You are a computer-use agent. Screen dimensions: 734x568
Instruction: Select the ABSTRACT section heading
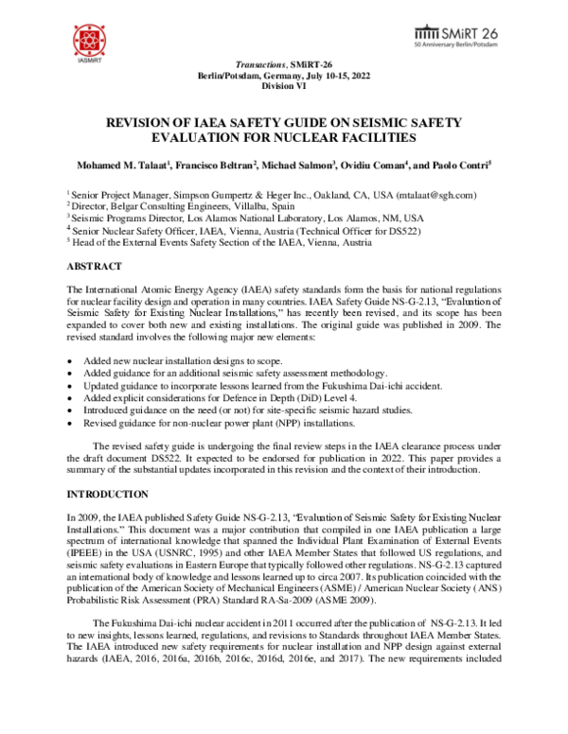tap(97, 268)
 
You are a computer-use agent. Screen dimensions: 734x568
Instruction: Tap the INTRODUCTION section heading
tap(108, 494)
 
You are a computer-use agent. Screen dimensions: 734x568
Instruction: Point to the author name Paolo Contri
tap(464, 166)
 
